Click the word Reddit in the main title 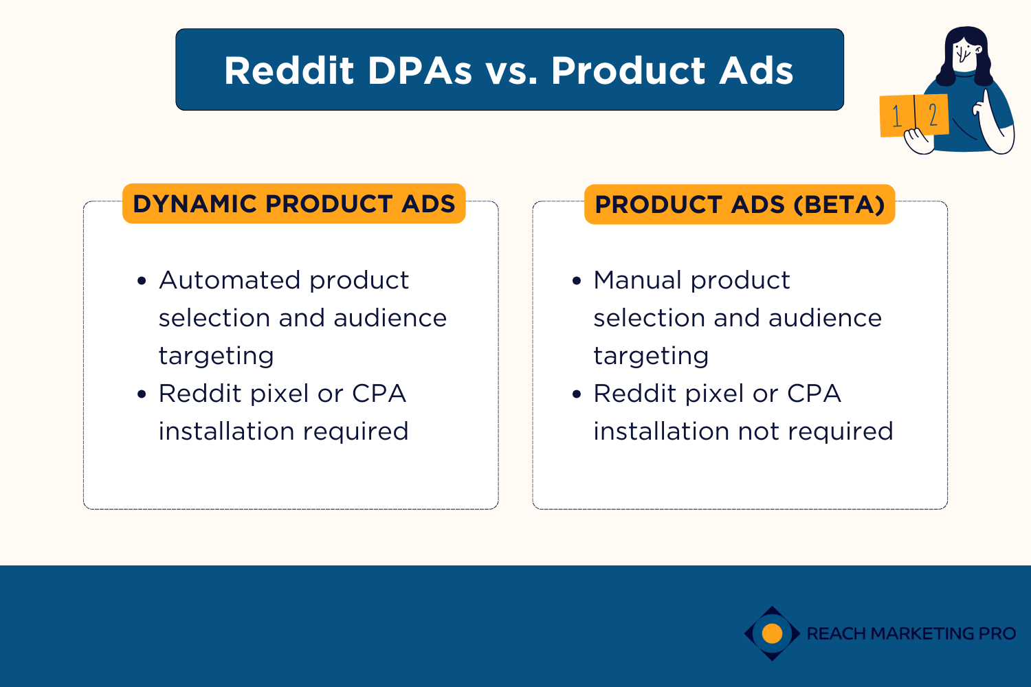pyautogui.click(x=289, y=71)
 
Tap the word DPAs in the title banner pyautogui.click(x=420, y=71)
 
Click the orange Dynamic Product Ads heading pyautogui.click(x=293, y=204)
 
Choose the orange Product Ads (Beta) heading pyautogui.click(x=739, y=205)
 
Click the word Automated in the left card pyautogui.click(x=230, y=280)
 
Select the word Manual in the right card pyautogui.click(x=637, y=280)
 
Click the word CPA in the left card pyautogui.click(x=379, y=394)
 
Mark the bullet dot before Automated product pyautogui.click(x=142, y=281)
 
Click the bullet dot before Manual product pyautogui.click(x=577, y=281)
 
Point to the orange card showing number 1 pyautogui.click(x=896, y=116)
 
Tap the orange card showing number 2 pyautogui.click(x=933, y=115)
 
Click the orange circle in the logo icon pyautogui.click(x=773, y=633)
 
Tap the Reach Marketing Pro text pyautogui.click(x=911, y=633)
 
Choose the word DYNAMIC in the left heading pyautogui.click(x=195, y=204)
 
